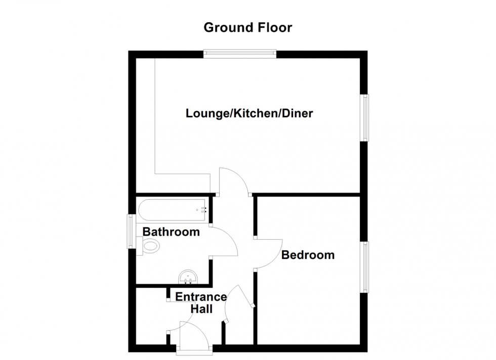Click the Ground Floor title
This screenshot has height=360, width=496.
[x=247, y=27]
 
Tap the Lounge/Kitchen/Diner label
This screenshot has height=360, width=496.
[x=249, y=113]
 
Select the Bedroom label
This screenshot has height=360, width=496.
[x=308, y=255]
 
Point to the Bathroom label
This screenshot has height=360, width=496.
[x=171, y=232]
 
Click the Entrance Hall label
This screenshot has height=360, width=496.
[x=194, y=303]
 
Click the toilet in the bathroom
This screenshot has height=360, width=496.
[x=150, y=246]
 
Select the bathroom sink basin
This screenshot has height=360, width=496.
[x=188, y=277]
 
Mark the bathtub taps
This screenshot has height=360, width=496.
[x=203, y=209]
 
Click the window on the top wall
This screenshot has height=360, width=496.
[x=240, y=52]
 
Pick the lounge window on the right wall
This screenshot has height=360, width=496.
[x=365, y=117]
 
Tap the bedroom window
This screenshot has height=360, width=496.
[x=365, y=266]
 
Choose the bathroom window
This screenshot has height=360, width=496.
[x=131, y=232]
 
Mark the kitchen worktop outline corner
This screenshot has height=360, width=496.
[x=155, y=174]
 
